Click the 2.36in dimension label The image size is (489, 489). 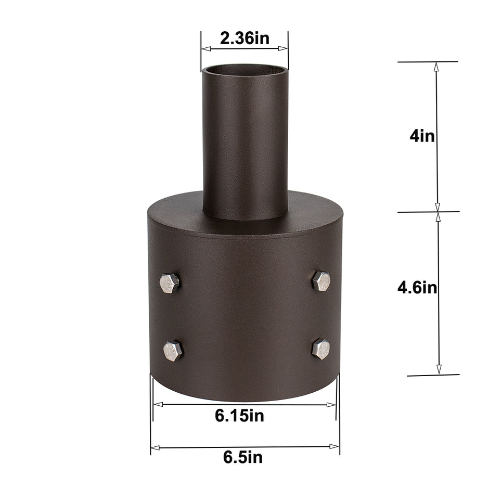coord(244,38)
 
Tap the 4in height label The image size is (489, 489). coord(422,136)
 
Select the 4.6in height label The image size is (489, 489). coord(417,288)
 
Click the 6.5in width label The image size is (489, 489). coord(243,458)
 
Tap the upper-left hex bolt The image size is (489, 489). coord(170,282)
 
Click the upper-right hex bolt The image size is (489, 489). coord(321,281)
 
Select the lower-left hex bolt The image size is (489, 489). coord(173,351)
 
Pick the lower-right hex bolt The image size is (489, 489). coord(320,349)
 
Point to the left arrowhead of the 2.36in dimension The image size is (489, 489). coord(205,49)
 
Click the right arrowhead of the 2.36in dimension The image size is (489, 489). coord(284,49)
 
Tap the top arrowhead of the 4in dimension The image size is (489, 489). coord(436,67)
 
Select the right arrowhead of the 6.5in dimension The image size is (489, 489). coord(335,446)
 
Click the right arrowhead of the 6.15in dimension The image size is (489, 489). coord(332,404)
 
